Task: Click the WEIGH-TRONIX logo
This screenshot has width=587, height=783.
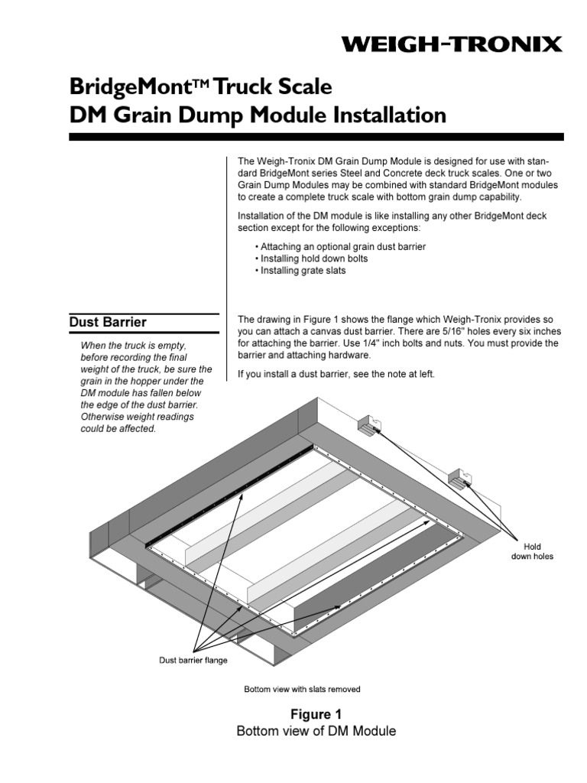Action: (452, 45)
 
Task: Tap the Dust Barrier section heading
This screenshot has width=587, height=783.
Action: (108, 322)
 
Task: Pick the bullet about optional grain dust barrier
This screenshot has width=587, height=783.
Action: (342, 247)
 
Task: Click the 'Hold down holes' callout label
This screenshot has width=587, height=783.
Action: (532, 551)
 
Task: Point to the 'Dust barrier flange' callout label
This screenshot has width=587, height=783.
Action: (193, 660)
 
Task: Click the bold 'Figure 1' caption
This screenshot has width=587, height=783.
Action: (316, 714)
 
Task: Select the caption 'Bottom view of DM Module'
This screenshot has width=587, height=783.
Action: (316, 731)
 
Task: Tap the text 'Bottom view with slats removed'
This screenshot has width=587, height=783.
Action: (302, 689)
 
